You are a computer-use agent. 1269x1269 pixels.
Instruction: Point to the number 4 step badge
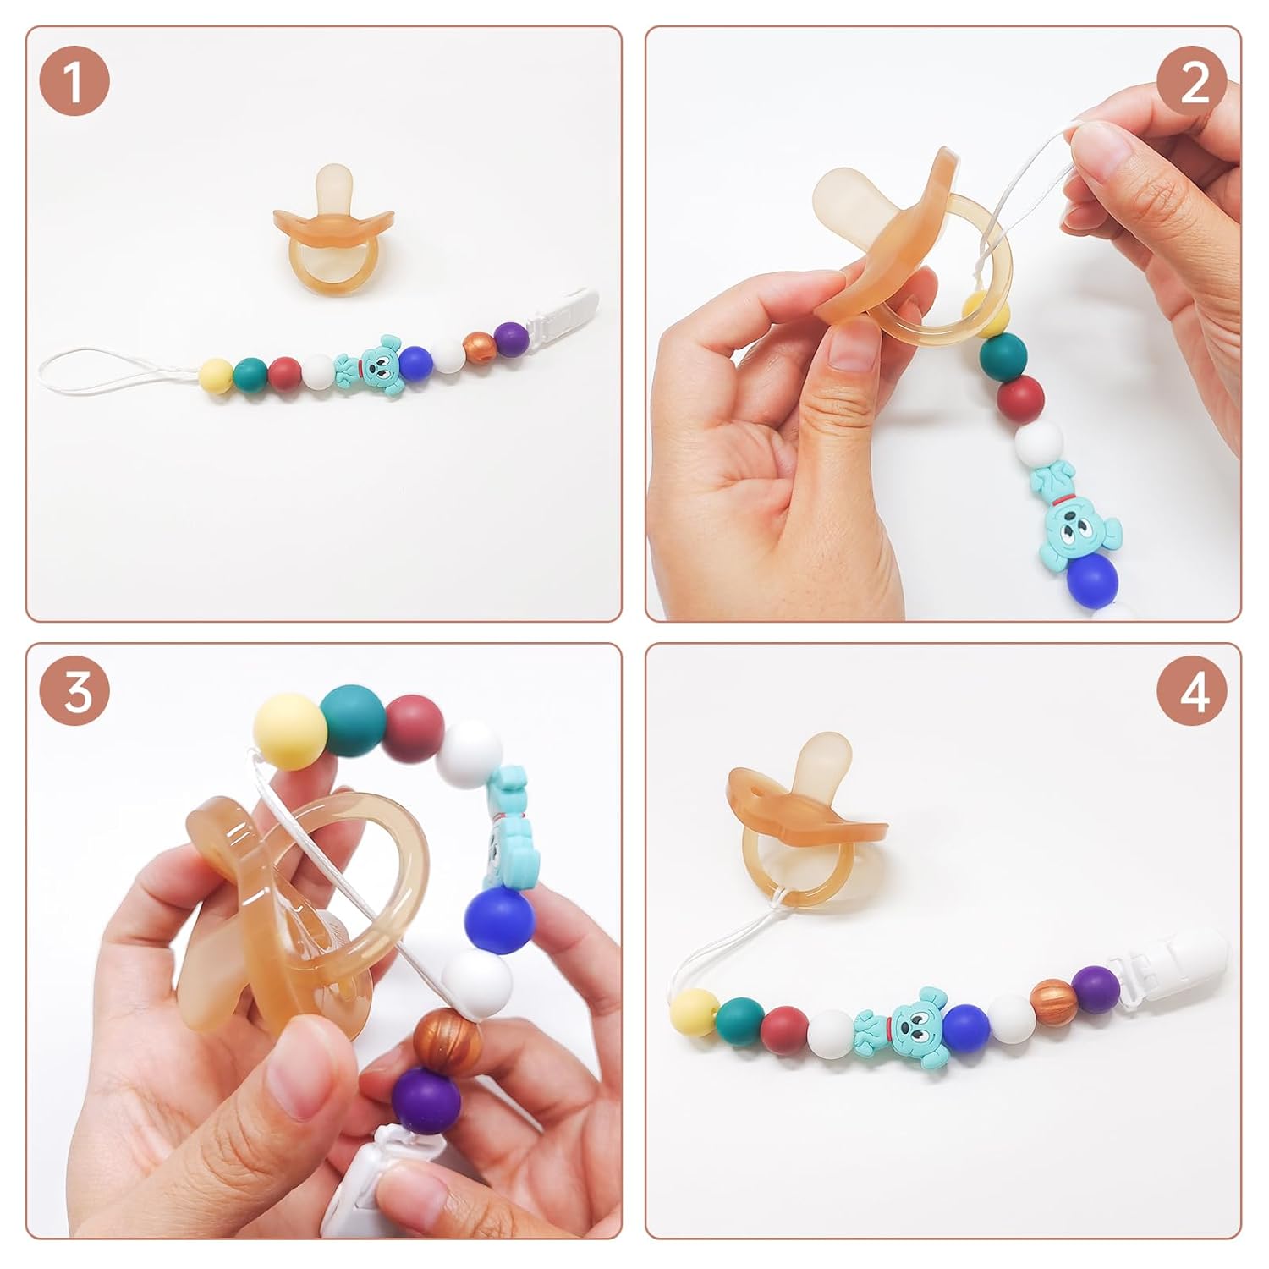(x=1193, y=694)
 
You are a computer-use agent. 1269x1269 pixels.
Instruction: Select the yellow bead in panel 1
(x=216, y=373)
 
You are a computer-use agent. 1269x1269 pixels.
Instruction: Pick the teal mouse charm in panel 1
(x=365, y=367)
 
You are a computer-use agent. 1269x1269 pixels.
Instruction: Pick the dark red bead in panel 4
(x=784, y=1025)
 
